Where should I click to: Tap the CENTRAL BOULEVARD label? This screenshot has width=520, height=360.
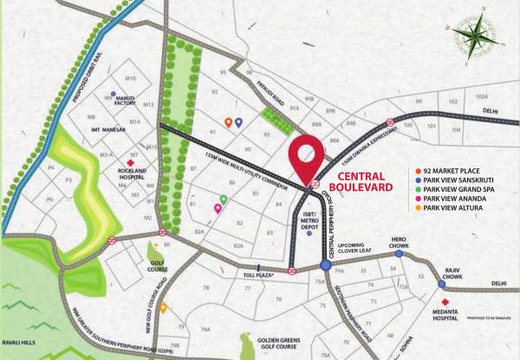pyautogui.click(x=358, y=180)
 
